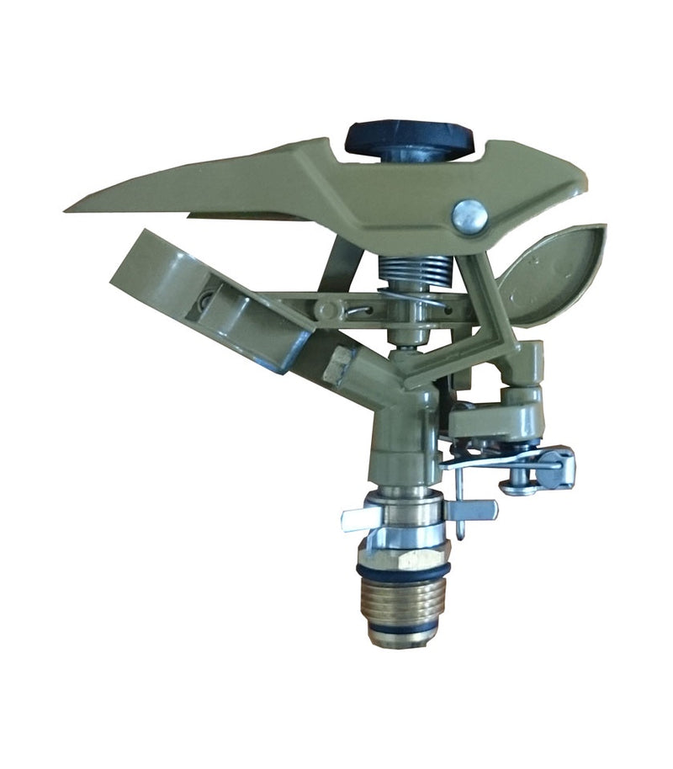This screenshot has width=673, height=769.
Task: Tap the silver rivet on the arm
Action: tap(469, 216)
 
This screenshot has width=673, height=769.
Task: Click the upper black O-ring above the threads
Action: tap(403, 571)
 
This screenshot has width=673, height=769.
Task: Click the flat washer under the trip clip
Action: tap(517, 487)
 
